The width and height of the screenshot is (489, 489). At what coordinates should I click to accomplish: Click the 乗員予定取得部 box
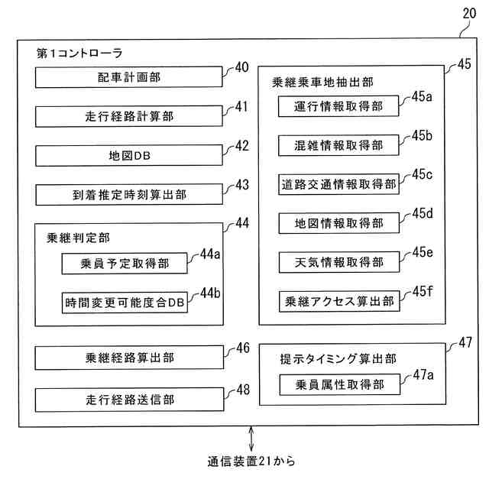pos(125,264)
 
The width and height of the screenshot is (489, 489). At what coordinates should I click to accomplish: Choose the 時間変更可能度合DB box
pos(125,301)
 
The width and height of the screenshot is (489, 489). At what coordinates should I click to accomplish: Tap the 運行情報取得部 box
pos(338,106)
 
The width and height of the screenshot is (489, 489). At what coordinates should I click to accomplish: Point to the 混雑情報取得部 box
pos(338,145)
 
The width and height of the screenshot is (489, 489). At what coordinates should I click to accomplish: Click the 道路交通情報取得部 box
pos(338,184)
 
